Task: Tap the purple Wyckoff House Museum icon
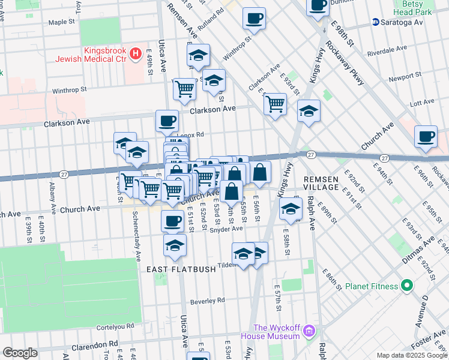(309, 330)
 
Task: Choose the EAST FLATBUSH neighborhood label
(181, 269)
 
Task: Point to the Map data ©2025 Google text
(411, 355)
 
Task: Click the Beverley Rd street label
(207, 300)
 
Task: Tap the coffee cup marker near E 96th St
(426, 136)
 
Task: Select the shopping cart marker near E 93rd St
(275, 104)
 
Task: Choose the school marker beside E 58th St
(291, 209)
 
